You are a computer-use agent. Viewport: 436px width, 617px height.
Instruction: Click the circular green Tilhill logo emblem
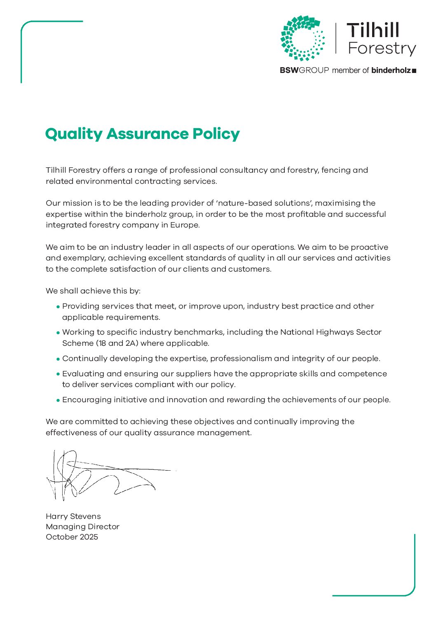(303, 38)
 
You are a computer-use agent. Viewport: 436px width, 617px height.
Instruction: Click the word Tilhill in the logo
(373, 30)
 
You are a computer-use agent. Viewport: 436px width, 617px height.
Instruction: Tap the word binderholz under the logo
(391, 70)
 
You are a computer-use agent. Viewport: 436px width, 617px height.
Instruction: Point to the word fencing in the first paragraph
(336, 170)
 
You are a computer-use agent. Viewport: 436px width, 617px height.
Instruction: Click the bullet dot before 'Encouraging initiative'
(58, 400)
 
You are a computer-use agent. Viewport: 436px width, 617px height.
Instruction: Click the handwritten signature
(103, 476)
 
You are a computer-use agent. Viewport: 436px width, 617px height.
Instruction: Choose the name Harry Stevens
(73, 516)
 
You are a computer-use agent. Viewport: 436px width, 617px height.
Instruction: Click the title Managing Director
(82, 527)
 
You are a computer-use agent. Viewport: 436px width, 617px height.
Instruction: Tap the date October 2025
(72, 537)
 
